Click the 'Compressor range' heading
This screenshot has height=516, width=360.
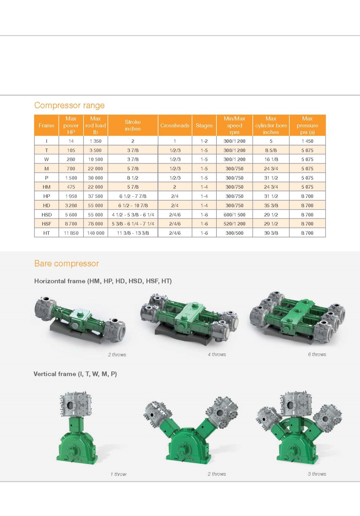click(x=69, y=105)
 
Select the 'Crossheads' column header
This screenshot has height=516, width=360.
click(x=175, y=125)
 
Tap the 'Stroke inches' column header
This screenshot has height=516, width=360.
click(x=133, y=125)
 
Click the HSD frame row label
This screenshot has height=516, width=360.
click(x=46, y=215)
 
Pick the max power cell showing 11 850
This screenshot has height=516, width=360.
click(x=71, y=233)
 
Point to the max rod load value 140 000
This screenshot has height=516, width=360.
click(x=96, y=233)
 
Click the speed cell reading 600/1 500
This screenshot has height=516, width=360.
click(x=235, y=215)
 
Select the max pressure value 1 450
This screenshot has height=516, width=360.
click(x=307, y=141)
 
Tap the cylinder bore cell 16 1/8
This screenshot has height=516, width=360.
click(x=271, y=159)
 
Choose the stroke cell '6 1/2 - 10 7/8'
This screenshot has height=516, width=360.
click(x=133, y=205)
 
